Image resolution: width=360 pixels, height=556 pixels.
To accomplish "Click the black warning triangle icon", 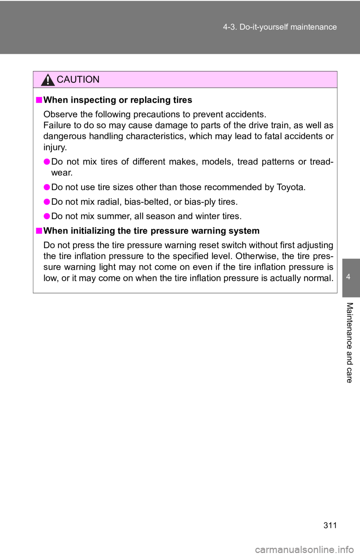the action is (x=48, y=81).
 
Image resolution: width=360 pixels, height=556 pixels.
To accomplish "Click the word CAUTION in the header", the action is (x=78, y=79).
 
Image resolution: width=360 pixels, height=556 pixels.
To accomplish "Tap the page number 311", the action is (x=330, y=525).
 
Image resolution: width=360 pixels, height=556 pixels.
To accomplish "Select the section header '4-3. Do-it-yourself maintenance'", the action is (x=280, y=27).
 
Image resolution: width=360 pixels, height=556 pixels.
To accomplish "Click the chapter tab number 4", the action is (x=348, y=277).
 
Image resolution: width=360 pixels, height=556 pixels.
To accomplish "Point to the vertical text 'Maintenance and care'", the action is (x=349, y=342).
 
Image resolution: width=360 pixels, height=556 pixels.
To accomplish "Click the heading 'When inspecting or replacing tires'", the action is (x=118, y=100).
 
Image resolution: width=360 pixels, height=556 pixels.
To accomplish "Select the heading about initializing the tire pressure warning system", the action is (x=151, y=231).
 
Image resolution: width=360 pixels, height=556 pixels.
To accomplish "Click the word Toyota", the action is (x=291, y=187).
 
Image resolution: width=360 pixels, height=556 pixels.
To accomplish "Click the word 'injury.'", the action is (x=55, y=148).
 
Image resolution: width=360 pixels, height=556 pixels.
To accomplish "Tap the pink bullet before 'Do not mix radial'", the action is (x=47, y=202).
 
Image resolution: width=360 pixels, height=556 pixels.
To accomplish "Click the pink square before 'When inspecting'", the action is (x=39, y=100).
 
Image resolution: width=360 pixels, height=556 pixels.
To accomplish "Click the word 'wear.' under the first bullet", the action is (x=62, y=173).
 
